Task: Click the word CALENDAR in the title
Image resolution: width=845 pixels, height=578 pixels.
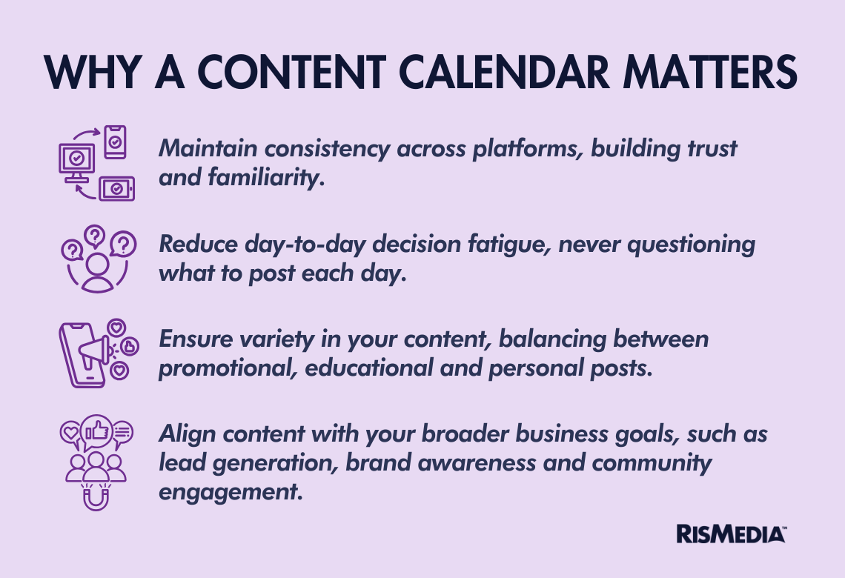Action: tap(504, 72)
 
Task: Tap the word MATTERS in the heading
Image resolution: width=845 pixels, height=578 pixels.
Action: tap(710, 72)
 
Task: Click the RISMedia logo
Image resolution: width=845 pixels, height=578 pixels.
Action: tap(732, 534)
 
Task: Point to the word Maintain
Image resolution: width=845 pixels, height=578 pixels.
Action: tap(208, 148)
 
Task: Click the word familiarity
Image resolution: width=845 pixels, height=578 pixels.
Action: tap(266, 177)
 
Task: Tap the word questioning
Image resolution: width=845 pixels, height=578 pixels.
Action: tap(692, 244)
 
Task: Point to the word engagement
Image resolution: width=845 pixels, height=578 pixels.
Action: tap(231, 492)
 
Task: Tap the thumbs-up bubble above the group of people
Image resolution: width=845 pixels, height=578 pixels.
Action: tap(96, 431)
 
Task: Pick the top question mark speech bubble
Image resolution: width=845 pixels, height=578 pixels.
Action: tap(96, 236)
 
